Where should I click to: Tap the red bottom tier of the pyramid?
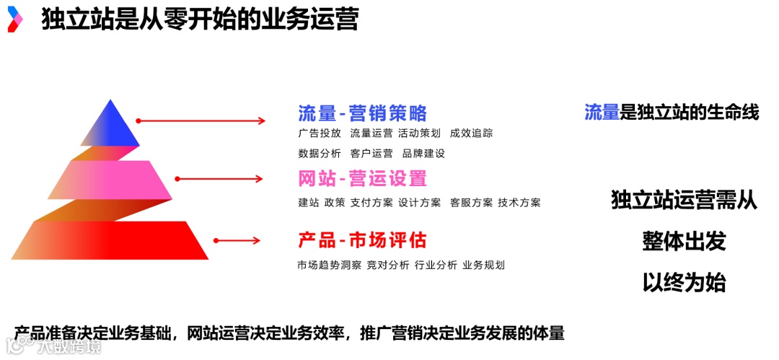(115, 240)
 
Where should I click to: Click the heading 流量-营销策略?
(362, 113)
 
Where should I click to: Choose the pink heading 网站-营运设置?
(362, 178)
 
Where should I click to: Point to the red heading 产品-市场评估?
(362, 240)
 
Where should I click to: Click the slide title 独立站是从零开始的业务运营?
(200, 19)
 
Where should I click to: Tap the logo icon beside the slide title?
(14, 19)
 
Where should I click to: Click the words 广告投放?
(320, 133)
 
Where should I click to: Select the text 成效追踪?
(471, 133)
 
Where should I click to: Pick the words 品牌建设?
(423, 154)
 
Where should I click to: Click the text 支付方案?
(371, 203)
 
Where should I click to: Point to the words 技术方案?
(519, 203)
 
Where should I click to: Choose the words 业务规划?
(483, 265)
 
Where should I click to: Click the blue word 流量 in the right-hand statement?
(602, 112)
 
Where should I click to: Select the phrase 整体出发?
(683, 241)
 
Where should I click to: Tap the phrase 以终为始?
(683, 282)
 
